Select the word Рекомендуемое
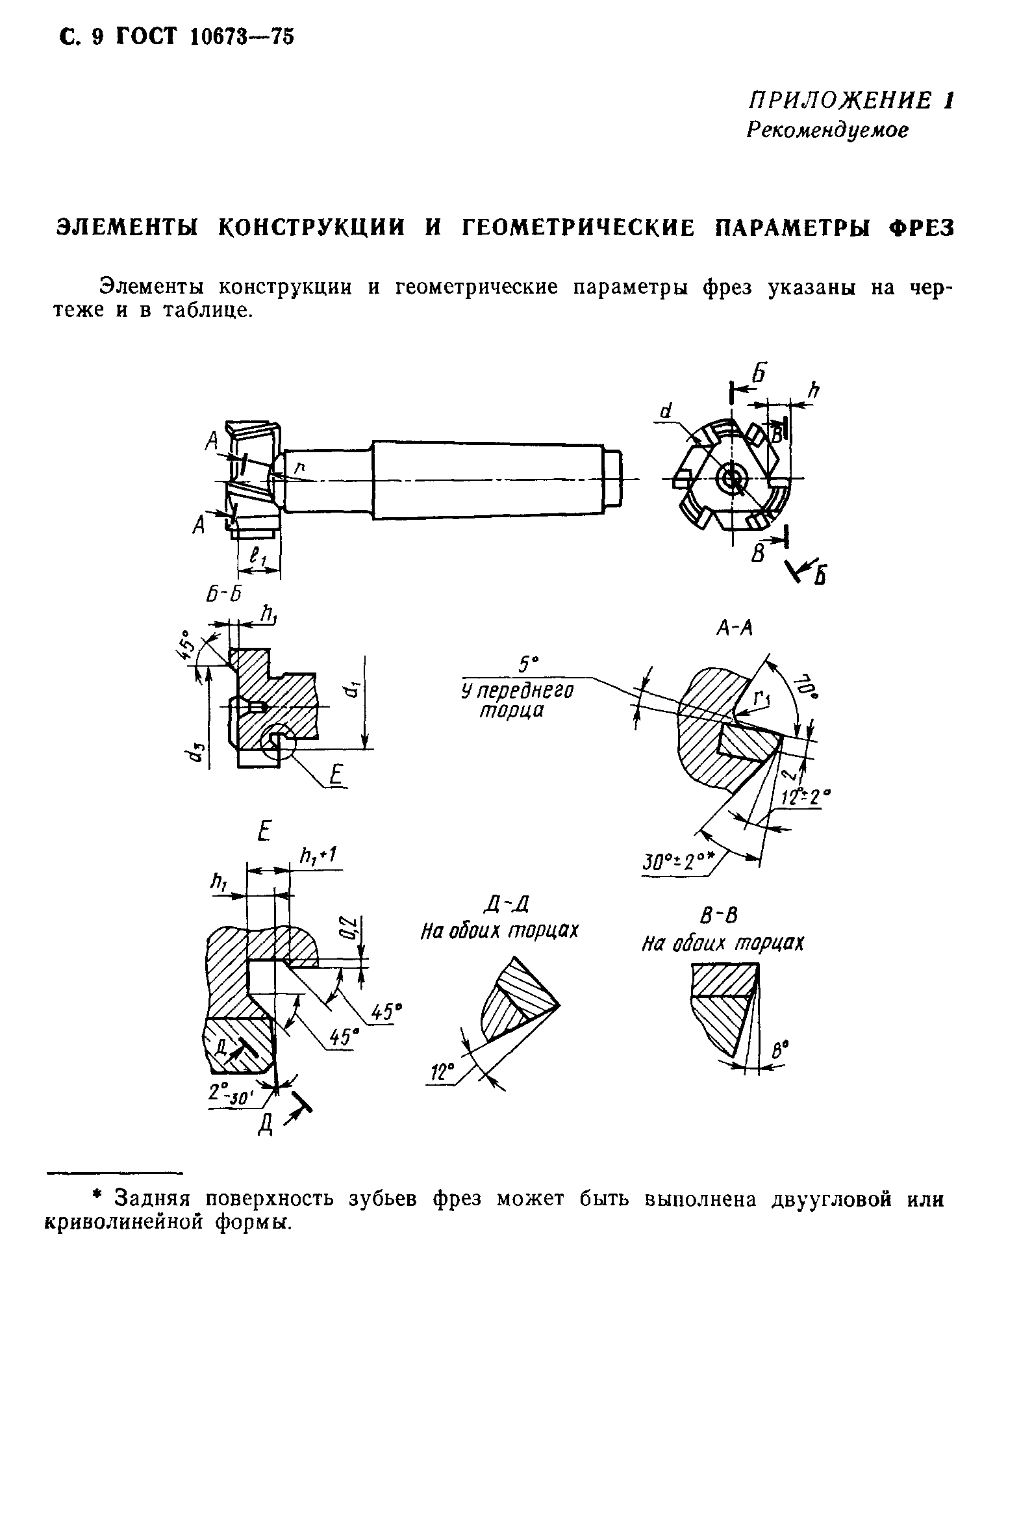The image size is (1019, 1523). (827, 131)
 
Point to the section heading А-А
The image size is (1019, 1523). (734, 627)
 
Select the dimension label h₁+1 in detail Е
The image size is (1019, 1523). (317, 857)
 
